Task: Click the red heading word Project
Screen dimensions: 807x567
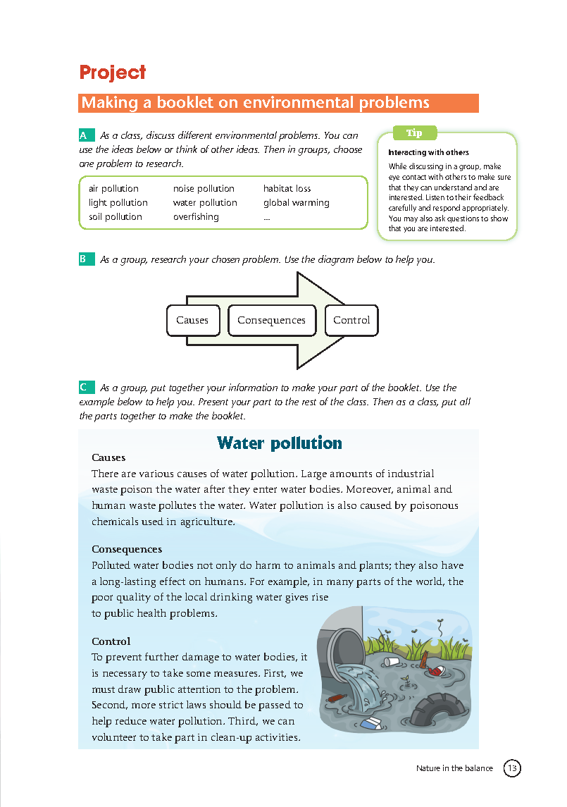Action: [x=113, y=73]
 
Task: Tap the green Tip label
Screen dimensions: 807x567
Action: [x=415, y=133]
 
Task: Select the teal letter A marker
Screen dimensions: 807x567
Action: [x=85, y=135]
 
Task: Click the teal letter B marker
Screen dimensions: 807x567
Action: [x=85, y=259]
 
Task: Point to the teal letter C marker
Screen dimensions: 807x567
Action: [x=85, y=387]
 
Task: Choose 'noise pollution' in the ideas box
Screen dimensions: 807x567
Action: [x=204, y=189]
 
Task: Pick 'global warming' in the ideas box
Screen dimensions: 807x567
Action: [x=296, y=203]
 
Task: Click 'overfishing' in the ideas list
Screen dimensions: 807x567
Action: [x=196, y=217]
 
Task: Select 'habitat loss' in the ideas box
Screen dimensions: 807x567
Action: [x=287, y=189]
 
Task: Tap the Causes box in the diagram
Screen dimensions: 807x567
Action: [x=192, y=320]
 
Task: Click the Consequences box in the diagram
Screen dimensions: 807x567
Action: [x=271, y=320]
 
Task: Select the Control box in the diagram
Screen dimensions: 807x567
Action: [x=351, y=320]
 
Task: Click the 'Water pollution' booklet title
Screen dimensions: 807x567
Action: [x=279, y=443]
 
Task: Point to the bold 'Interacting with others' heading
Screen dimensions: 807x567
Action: [x=428, y=152]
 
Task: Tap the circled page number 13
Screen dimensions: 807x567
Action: [x=512, y=768]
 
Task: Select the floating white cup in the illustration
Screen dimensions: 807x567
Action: [x=392, y=661]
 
